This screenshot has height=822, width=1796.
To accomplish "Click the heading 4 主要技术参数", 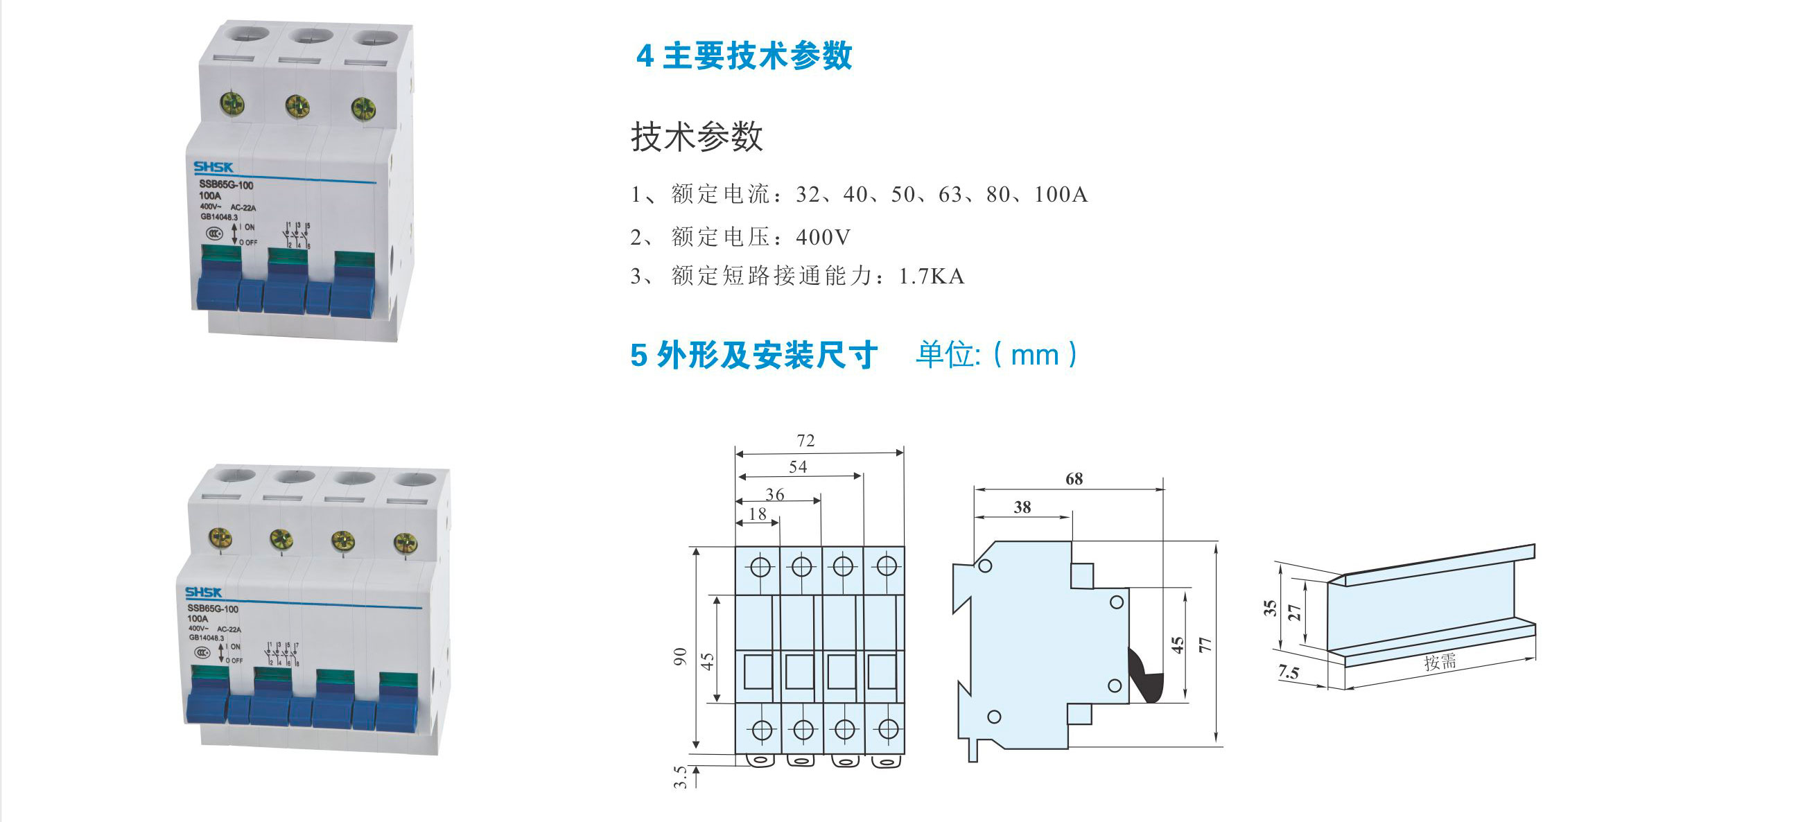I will tap(744, 55).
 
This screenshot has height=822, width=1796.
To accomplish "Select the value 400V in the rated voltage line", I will tap(823, 238).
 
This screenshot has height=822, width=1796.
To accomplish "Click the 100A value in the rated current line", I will tap(1061, 195).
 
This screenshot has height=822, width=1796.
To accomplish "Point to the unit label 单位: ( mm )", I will tap(997, 355).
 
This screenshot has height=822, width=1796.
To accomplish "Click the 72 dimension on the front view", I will tap(805, 441).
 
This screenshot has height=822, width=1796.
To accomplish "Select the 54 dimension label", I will tap(798, 467).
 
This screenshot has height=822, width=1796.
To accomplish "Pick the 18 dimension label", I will tap(757, 514).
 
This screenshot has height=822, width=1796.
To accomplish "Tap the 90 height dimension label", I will tap(681, 656).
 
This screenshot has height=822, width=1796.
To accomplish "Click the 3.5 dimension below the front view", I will tap(681, 777).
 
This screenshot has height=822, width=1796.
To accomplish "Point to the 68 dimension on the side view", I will tap(1074, 479).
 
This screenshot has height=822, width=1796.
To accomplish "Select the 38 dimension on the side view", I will tap(1022, 507).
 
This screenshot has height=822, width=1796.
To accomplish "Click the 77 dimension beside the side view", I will tap(1205, 645).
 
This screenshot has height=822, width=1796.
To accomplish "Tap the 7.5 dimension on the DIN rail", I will tap(1289, 673).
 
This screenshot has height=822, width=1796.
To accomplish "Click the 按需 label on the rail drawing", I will tap(1440, 662).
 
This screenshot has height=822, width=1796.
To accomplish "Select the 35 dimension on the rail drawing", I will tap(1271, 608).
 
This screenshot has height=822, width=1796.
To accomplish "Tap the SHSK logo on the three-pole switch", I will tap(213, 167).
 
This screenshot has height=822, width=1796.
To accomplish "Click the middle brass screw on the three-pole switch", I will tap(297, 106).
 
